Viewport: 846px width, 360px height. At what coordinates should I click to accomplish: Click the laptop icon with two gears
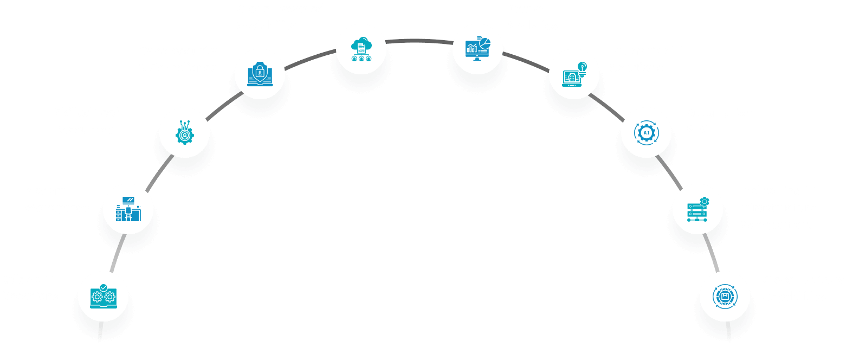(104, 297)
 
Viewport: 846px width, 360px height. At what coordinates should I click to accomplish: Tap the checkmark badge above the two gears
(104, 287)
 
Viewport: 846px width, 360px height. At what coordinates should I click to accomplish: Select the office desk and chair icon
(128, 209)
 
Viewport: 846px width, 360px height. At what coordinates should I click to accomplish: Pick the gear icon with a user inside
(185, 133)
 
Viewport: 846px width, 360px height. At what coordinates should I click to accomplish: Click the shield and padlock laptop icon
(260, 74)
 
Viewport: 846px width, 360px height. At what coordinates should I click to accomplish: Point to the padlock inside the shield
(260, 72)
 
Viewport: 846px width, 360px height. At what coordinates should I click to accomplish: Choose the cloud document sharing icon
(361, 49)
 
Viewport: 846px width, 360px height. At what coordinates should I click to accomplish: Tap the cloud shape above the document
(361, 44)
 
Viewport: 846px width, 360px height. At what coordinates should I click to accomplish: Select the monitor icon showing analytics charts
(478, 48)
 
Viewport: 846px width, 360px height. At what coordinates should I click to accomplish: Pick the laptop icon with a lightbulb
(574, 74)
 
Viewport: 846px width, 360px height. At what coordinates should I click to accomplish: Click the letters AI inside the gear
(647, 133)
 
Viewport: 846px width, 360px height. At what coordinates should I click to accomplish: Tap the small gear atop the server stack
(705, 202)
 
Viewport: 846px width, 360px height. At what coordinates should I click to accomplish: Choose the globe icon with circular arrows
(725, 297)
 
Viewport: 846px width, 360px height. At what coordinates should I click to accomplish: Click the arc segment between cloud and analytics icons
(419, 41)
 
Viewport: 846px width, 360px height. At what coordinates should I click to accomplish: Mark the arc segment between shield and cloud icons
(309, 59)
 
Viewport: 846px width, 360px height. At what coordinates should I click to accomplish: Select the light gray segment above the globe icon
(712, 252)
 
